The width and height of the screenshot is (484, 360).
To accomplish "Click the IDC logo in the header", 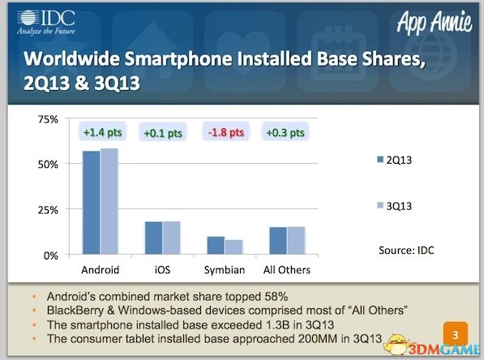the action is (x=46, y=22).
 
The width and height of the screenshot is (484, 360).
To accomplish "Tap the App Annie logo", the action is (x=435, y=22).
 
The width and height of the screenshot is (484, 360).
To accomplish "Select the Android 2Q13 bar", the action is (x=92, y=203).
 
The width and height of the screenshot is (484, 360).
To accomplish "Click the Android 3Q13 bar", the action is (x=109, y=201).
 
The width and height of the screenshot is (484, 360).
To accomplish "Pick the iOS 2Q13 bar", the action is (x=154, y=238).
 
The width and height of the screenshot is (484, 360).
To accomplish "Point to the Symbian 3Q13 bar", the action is (x=233, y=247).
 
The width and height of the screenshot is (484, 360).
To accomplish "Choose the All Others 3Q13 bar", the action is (x=296, y=241).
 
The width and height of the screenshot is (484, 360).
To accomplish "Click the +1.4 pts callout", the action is (x=102, y=132).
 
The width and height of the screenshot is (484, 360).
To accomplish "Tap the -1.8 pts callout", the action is (x=226, y=132).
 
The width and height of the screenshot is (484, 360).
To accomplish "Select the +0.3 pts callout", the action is (x=285, y=132).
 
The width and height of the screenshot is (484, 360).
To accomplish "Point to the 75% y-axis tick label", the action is (x=48, y=119).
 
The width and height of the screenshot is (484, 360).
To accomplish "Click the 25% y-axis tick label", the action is (x=48, y=210).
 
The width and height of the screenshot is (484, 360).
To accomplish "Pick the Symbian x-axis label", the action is (x=225, y=270).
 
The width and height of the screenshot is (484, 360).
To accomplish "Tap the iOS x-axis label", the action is (x=162, y=270).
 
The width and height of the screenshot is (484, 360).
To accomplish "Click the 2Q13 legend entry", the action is (x=395, y=160).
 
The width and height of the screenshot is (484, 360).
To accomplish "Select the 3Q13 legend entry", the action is (x=395, y=206).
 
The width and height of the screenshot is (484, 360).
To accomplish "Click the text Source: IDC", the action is (x=406, y=250).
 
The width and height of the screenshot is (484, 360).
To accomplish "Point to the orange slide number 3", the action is (x=456, y=334).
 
